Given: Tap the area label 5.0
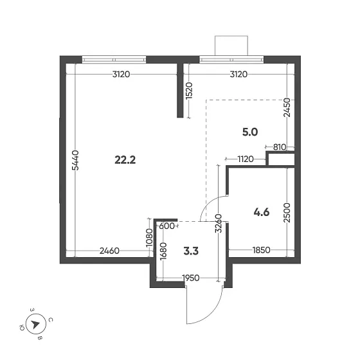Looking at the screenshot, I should tap(249, 132).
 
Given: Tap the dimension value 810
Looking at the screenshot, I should tap(279, 147).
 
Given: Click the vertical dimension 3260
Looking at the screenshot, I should tap(219, 222).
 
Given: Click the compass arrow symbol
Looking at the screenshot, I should tap(35, 324).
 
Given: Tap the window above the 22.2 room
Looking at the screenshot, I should tap(114, 60).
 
